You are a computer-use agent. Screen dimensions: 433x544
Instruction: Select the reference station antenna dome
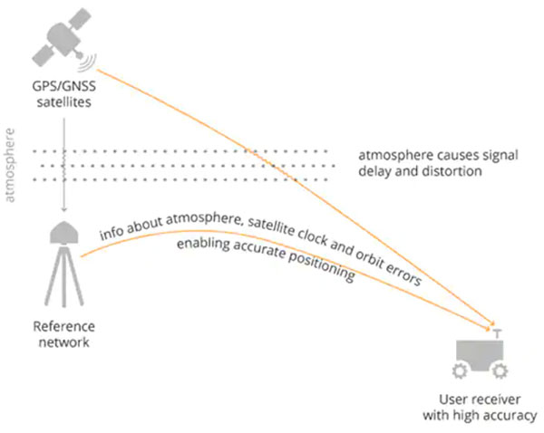[x=62, y=235]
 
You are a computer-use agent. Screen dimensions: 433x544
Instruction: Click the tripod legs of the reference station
[x=62, y=281]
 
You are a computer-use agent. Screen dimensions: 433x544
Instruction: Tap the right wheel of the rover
[x=500, y=371]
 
